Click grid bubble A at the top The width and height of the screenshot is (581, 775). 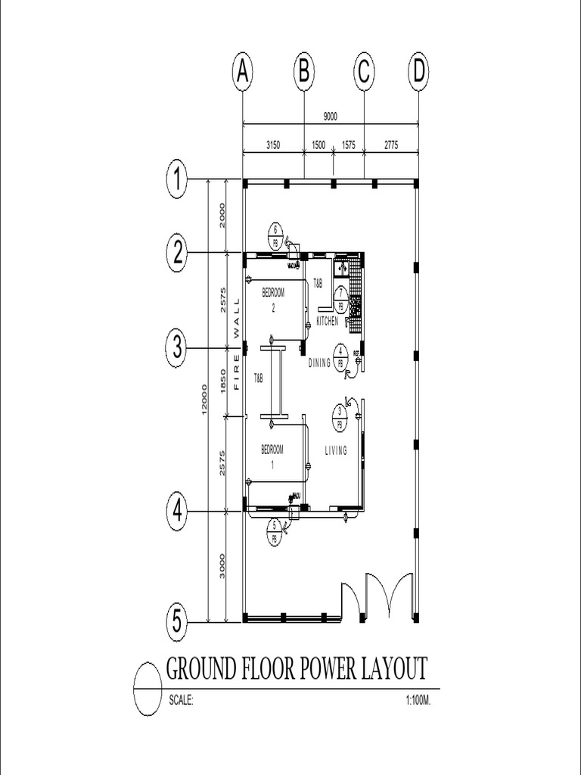(242, 72)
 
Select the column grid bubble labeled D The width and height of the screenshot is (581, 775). (418, 72)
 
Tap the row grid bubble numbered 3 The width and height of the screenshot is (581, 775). (177, 348)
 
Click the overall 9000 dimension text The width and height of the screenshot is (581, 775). (330, 117)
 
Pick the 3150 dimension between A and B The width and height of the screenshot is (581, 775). (273, 144)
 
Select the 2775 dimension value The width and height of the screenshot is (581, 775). (391, 144)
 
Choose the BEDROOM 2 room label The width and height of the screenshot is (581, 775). (273, 300)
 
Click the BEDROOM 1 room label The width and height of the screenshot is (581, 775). (272, 456)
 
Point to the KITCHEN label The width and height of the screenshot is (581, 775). (328, 322)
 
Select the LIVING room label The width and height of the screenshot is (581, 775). (336, 451)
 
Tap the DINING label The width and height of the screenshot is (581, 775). (320, 363)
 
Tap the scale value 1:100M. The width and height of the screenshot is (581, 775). (418, 701)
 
